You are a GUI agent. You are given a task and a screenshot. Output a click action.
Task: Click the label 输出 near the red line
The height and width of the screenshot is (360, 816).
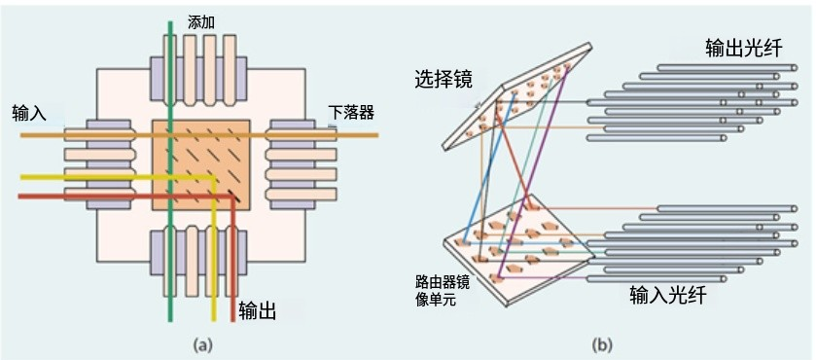(257, 311)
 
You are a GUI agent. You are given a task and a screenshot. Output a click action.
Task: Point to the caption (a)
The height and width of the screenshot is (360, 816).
(201, 343)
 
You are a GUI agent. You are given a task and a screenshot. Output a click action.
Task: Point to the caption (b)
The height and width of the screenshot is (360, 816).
(603, 343)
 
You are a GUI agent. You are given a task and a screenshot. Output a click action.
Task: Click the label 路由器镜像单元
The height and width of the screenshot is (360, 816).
(437, 291)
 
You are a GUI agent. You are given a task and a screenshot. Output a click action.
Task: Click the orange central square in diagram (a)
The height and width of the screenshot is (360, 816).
(202, 162)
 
